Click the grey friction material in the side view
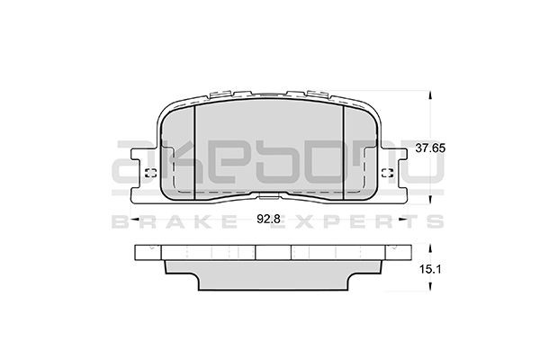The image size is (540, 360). [x=270, y=273]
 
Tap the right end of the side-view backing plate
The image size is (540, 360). [x=402, y=255]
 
